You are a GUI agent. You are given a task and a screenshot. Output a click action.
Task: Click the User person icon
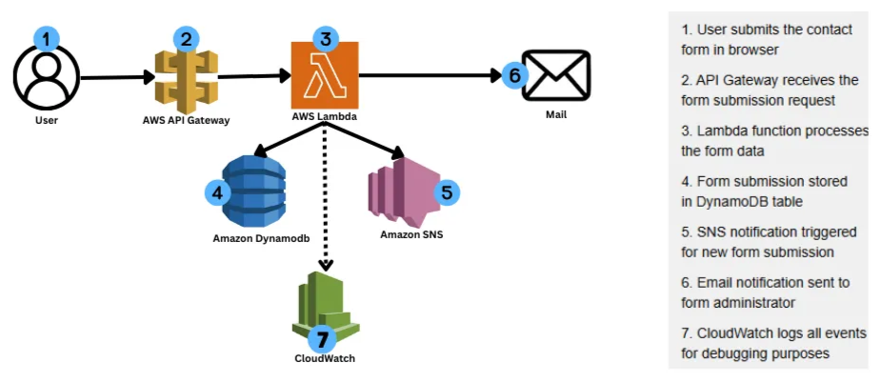(45, 78)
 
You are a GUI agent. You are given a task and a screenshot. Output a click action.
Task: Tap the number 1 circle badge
(46, 38)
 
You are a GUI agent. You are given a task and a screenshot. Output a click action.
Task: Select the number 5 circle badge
(445, 191)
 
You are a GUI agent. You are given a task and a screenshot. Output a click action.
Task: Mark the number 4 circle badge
(220, 191)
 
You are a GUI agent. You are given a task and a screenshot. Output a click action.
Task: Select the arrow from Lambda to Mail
(429, 72)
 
